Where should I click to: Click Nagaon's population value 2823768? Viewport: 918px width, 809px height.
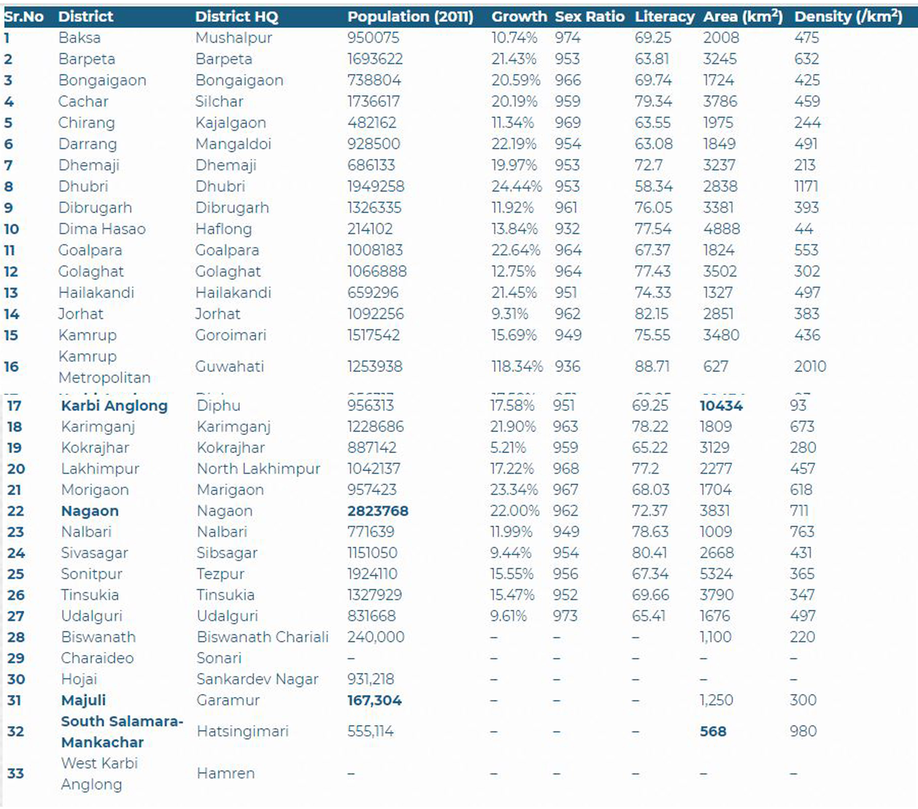[x=378, y=511]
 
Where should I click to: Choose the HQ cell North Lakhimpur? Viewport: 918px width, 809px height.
[x=258, y=468]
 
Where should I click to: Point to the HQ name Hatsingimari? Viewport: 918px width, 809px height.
[x=243, y=731]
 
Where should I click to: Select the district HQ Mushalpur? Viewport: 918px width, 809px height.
[x=234, y=38]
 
